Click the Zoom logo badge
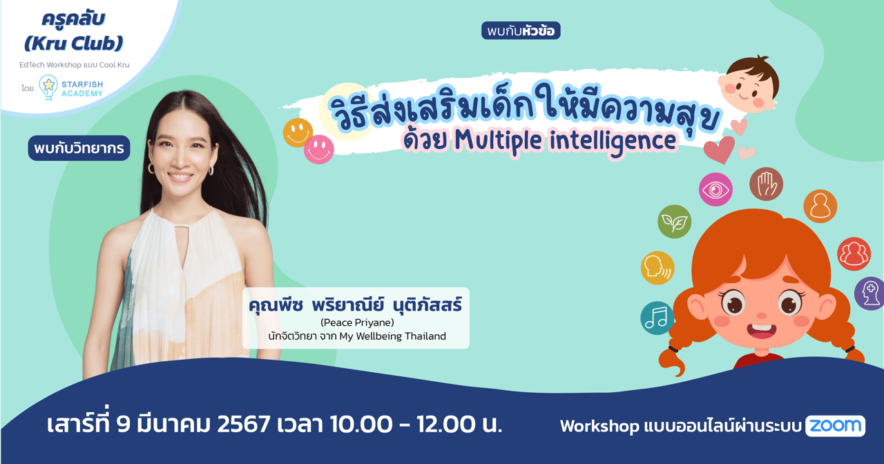[x=835, y=426]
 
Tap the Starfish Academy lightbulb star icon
[x=48, y=87]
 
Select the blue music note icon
[x=657, y=318]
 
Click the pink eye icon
[x=715, y=189]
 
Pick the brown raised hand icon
[x=766, y=184]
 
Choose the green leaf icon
[x=674, y=222]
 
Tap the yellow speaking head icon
[x=657, y=268]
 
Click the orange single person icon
[x=820, y=206]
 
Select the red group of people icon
[x=854, y=253]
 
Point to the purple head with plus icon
[x=870, y=293]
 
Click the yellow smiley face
[x=298, y=133]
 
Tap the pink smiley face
[x=318, y=149]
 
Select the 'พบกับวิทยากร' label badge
[x=79, y=148]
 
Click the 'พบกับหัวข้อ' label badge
[x=521, y=31]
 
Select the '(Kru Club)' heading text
[x=73, y=43]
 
